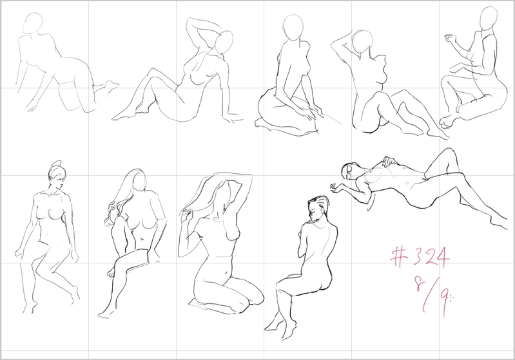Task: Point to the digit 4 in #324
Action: pyautogui.click(x=441, y=258)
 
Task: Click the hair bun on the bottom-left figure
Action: pyautogui.click(x=57, y=164)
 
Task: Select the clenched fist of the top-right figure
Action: pyautogui.click(x=449, y=39)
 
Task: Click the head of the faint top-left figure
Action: pyautogui.click(x=33, y=23)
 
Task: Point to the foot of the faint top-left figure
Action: pyautogui.click(x=108, y=87)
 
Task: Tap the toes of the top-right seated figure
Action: pyautogui.click(x=447, y=122)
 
